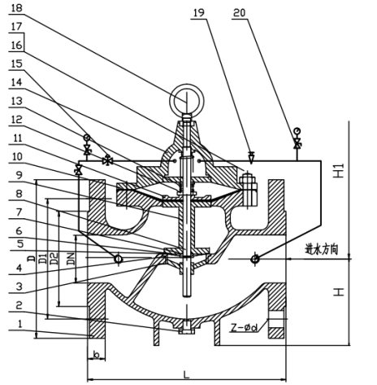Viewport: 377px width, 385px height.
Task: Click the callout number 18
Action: (16, 7)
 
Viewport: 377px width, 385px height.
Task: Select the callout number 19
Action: (199, 12)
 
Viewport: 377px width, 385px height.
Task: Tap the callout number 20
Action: (240, 12)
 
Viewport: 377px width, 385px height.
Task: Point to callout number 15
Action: (16, 63)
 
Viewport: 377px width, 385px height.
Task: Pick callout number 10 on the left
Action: (16, 156)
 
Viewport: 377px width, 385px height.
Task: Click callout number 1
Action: (19, 323)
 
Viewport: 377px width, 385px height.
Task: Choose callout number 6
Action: (19, 231)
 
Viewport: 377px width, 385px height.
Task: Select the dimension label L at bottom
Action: (186, 374)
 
